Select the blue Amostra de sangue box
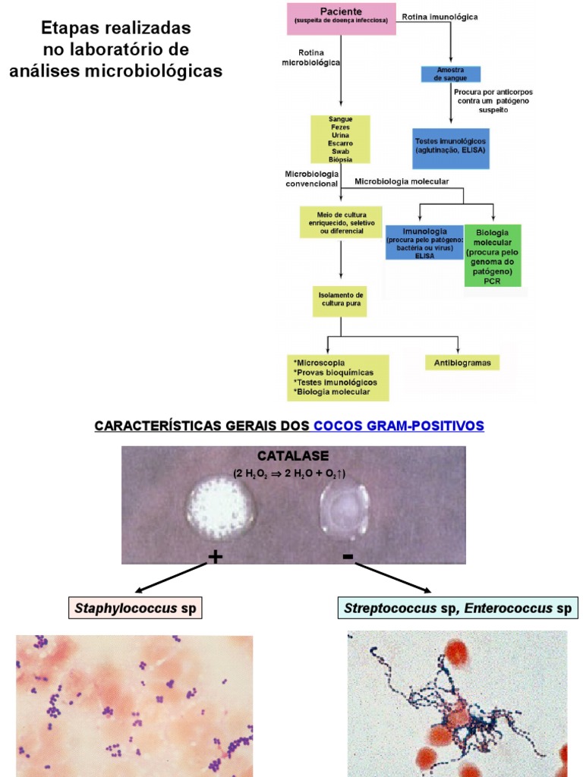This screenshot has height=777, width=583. click(x=451, y=74)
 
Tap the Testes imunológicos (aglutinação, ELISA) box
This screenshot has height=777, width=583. click(x=450, y=147)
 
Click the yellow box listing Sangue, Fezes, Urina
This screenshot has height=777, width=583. click(x=340, y=139)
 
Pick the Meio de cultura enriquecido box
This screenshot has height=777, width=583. click(x=340, y=222)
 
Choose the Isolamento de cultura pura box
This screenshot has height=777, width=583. click(x=340, y=301)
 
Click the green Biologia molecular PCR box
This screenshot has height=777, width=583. click(x=493, y=255)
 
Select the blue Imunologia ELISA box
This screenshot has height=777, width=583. click(x=424, y=243)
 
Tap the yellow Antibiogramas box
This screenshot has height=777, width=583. click(x=462, y=363)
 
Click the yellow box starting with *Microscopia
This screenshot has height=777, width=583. click(x=338, y=377)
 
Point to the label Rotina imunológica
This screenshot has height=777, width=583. click(x=440, y=16)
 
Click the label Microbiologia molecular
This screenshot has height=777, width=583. click(x=402, y=181)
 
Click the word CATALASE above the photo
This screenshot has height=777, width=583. click(x=292, y=456)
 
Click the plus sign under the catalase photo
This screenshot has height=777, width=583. click(x=216, y=558)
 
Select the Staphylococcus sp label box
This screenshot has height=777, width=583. click(x=137, y=609)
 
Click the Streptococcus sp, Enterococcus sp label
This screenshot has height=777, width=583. click(x=458, y=609)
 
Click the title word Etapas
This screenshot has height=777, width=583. click(x=71, y=29)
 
